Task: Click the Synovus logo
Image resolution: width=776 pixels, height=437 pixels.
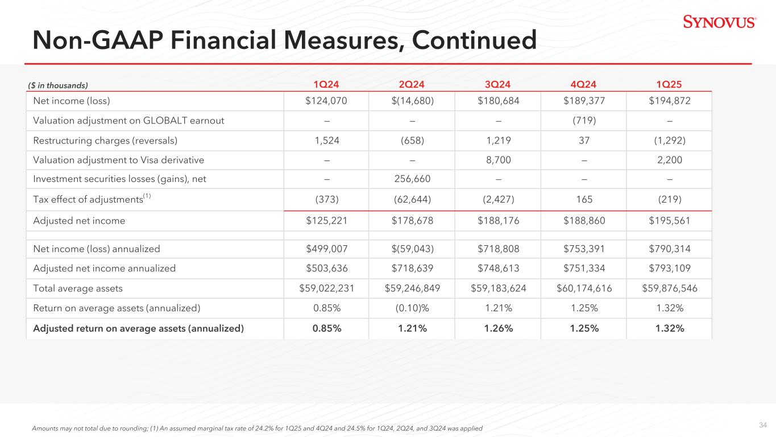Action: click(x=719, y=22)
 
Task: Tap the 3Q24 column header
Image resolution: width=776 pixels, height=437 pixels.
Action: click(x=497, y=85)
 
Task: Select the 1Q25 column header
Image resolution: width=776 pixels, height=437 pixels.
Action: click(x=669, y=85)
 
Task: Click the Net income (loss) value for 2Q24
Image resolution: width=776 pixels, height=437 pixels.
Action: click(x=412, y=101)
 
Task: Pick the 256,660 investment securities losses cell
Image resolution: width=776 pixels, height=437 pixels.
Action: click(x=412, y=179)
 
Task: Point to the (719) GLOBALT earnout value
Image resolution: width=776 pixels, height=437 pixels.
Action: click(x=583, y=121)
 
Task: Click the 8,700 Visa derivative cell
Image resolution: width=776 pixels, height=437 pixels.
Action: click(x=497, y=160)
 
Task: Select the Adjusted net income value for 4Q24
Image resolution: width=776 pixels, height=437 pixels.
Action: click(x=583, y=220)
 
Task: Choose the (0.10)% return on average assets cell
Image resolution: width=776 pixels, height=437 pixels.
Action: click(x=412, y=308)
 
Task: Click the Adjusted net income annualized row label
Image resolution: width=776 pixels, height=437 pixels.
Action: click(x=105, y=268)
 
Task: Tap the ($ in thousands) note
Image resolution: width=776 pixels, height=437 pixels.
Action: click(x=58, y=85)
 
